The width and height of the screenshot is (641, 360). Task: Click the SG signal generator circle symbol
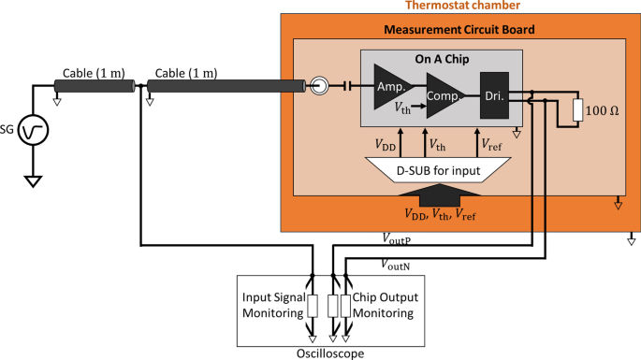pyautogui.click(x=36, y=131)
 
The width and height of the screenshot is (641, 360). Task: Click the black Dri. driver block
pyautogui.click(x=493, y=94)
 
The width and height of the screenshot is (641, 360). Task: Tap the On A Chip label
pyautogui.click(x=443, y=58)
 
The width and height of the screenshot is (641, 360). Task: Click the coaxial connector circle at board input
pyautogui.click(x=319, y=87)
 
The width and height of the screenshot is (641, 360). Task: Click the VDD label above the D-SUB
pyautogui.click(x=385, y=145)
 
